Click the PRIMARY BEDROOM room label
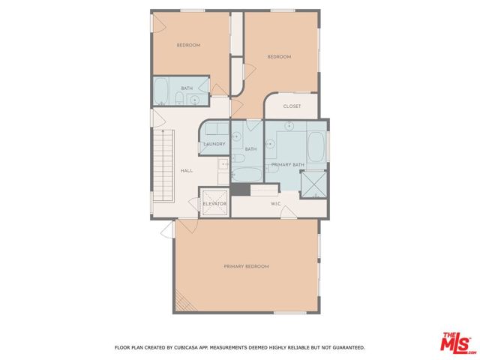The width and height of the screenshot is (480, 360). click(247, 266)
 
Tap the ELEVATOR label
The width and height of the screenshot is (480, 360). click(214, 203)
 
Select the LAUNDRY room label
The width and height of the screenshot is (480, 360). click(214, 144)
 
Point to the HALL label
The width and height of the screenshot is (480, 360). click(187, 170)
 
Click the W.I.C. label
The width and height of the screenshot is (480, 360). click(276, 203)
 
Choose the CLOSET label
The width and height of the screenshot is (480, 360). click(292, 106)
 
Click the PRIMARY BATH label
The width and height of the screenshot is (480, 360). click(288, 165)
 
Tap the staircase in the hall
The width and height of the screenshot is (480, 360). click(163, 166)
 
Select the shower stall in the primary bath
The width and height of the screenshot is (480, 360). click(313, 184)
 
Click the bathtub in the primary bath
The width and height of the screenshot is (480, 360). click(316, 147)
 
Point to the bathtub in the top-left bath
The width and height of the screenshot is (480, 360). click(160, 91)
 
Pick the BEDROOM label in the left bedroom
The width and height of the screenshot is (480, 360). click(188, 45)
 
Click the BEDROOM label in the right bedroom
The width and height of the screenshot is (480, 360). click(279, 57)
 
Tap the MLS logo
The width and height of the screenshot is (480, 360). click(456, 343)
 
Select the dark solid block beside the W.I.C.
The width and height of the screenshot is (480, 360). click(241, 189)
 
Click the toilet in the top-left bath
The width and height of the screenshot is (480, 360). click(179, 98)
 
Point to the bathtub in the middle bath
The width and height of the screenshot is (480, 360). click(247, 175)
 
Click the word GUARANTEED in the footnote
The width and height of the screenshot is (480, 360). click(348, 347)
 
